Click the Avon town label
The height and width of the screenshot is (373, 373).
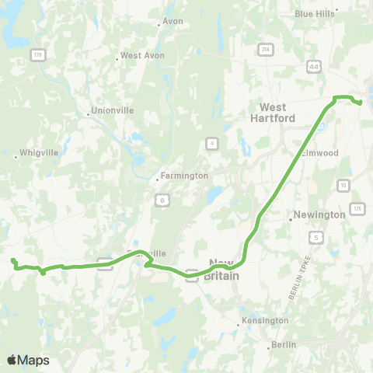(173, 21)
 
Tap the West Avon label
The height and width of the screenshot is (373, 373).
(141, 56)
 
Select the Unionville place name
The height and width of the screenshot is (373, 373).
(113, 110)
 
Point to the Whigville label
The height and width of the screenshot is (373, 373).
(34, 154)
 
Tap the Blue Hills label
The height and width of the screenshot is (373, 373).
(314, 13)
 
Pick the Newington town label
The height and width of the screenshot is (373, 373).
(319, 214)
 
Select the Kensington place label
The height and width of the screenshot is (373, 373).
(264, 320)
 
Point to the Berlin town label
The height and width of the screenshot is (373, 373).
(284, 345)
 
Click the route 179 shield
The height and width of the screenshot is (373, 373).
(37, 54)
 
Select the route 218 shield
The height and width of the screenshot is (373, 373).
(266, 51)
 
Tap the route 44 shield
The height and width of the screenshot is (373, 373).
(314, 68)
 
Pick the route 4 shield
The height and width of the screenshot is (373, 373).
(211, 142)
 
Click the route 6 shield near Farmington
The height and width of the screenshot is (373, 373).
(161, 200)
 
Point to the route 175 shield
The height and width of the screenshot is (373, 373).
(357, 209)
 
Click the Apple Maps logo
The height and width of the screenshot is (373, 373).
(28, 360)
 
